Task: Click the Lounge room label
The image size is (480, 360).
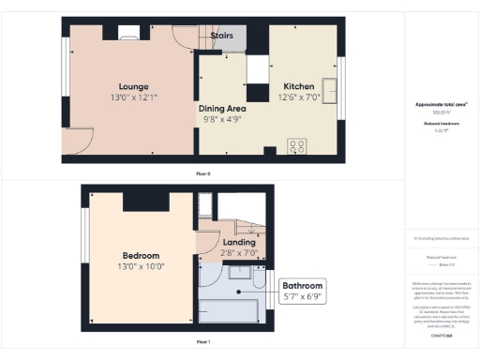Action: [126, 84]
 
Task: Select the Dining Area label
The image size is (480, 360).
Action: [221, 108]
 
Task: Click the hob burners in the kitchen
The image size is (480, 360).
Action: [297, 146]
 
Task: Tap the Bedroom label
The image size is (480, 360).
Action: [140, 255]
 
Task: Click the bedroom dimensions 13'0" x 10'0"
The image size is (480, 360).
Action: [140, 266]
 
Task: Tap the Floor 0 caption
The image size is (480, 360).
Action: [202, 174]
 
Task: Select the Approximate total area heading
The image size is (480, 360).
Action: [442, 105]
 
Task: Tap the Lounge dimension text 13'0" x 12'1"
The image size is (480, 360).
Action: [126, 97]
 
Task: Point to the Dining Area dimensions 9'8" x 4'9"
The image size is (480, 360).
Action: [222, 120]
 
